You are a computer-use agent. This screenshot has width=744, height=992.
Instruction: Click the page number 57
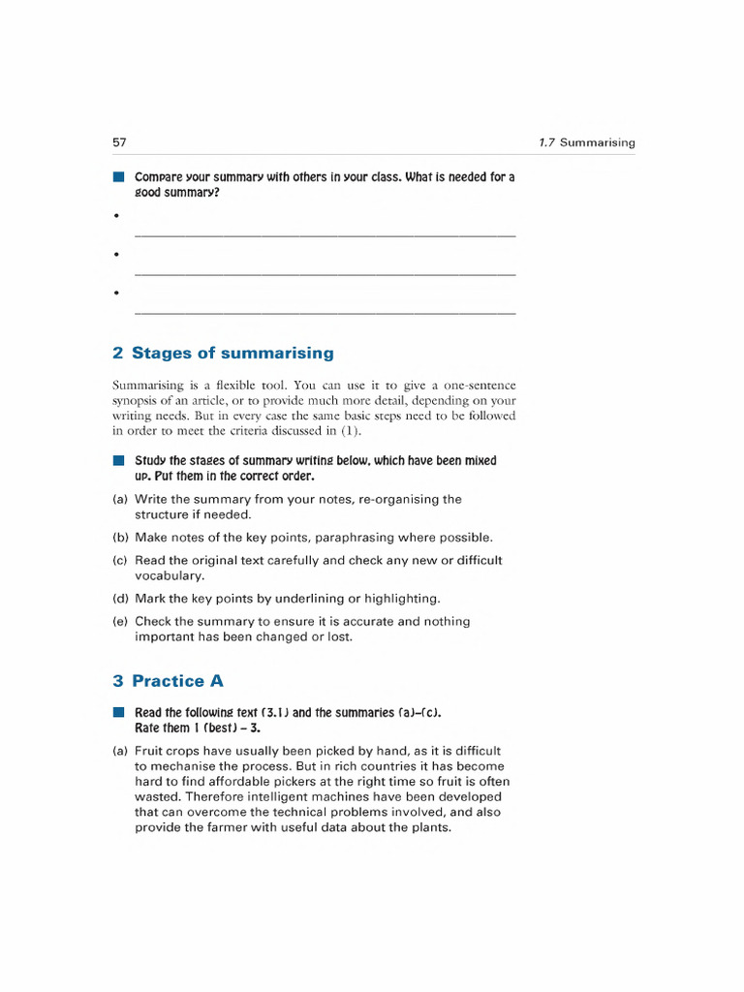tap(120, 142)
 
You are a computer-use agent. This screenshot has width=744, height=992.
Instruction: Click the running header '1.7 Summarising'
tap(586, 142)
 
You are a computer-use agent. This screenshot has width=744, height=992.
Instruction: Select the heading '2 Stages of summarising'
tap(223, 353)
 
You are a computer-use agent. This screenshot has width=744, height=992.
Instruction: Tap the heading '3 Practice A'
tap(168, 681)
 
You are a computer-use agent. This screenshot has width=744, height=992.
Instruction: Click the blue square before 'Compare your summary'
tap(118, 177)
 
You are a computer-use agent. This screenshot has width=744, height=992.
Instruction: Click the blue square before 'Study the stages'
tap(118, 461)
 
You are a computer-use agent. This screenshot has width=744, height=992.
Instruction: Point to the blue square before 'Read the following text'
tap(118, 712)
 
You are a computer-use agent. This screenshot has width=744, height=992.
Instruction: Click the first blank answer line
tap(325, 235)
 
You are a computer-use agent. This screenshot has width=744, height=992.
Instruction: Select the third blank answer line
tap(325, 313)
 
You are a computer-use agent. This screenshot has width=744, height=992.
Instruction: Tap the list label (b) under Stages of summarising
tap(120, 537)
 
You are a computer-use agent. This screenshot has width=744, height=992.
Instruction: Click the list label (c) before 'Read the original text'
tap(120, 560)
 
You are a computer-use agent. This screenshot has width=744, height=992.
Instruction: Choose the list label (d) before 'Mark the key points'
tap(120, 598)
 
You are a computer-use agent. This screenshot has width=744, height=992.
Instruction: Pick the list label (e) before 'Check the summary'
tap(120, 621)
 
